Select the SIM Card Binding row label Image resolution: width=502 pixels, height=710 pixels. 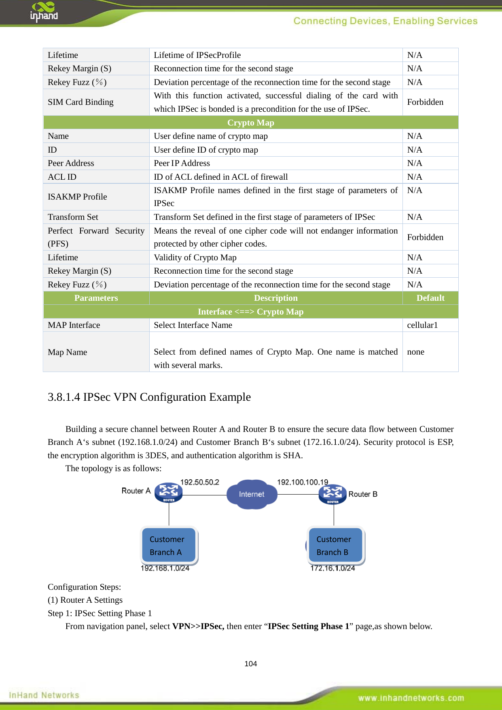tap(80, 102)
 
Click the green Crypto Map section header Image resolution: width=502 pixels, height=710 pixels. tap(250, 123)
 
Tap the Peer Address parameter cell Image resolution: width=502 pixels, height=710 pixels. tap(71, 163)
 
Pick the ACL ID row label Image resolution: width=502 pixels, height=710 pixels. tap(62, 177)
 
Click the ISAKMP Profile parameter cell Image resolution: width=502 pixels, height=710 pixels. tap(77, 197)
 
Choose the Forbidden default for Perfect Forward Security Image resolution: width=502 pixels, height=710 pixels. tap(425, 237)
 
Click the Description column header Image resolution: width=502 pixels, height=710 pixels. tap(275, 298)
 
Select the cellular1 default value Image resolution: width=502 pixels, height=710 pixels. tap(422, 325)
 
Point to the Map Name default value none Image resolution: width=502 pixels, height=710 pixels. tap(415, 352)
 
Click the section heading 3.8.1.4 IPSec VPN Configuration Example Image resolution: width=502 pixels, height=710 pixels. tap(149, 397)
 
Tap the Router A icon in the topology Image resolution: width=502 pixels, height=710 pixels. tap(169, 492)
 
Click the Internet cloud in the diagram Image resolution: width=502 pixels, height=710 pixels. tap(252, 494)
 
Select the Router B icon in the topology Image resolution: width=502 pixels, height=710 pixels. tap(333, 494)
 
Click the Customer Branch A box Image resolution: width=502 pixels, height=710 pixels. tap(169, 545)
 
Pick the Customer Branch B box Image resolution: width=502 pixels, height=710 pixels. tap(335, 545)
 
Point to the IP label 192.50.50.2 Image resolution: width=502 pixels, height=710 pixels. tap(199, 482)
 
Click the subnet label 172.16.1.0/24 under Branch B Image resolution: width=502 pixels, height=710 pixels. tap(333, 568)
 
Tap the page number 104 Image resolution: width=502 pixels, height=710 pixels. tap(250, 663)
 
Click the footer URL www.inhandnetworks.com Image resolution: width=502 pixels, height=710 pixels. tap(411, 698)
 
